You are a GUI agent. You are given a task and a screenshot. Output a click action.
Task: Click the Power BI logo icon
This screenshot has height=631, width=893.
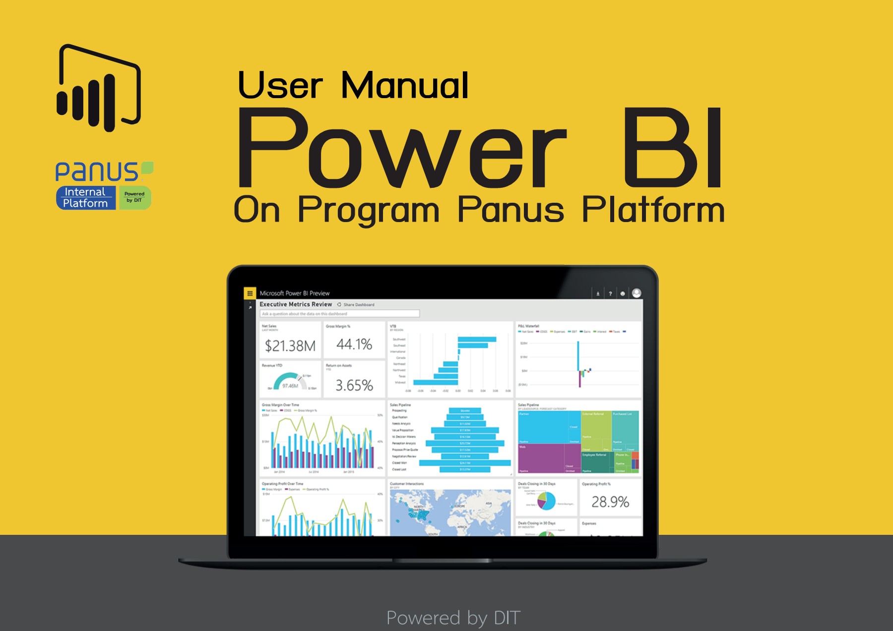(x=99, y=88)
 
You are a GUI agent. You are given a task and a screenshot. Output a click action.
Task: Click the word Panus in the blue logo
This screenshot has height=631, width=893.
(x=97, y=172)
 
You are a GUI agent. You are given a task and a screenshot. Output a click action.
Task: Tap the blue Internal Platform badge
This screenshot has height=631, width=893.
(x=86, y=198)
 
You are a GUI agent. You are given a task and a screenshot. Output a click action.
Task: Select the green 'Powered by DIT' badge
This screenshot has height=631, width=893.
(x=134, y=197)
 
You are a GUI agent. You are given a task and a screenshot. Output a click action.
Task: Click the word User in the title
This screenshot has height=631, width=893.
(x=280, y=85)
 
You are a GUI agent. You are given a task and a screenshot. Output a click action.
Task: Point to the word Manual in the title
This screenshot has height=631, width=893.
(x=404, y=85)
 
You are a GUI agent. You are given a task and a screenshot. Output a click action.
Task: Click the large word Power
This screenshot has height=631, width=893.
(x=402, y=149)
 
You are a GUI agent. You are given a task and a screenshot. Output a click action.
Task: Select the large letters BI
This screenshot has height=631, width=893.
(x=672, y=149)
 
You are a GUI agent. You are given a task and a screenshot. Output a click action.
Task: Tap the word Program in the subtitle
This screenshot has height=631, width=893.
(x=369, y=210)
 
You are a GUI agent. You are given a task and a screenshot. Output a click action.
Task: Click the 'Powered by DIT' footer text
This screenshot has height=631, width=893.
(x=453, y=618)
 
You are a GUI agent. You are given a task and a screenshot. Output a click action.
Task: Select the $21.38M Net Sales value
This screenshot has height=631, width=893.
(x=290, y=345)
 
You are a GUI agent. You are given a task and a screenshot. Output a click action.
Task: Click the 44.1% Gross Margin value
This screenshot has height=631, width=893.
(x=354, y=344)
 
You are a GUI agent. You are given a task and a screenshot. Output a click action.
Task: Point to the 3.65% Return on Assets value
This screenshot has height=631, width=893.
(x=354, y=385)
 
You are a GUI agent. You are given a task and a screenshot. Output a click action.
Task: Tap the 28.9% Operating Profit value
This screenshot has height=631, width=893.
(x=610, y=502)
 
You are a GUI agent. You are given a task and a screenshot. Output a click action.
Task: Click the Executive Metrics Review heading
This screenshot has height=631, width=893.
(x=296, y=304)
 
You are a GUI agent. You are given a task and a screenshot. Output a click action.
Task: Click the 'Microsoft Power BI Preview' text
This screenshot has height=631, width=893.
(x=295, y=293)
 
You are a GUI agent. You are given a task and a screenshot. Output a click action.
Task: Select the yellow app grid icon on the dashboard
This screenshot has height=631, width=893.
(x=250, y=293)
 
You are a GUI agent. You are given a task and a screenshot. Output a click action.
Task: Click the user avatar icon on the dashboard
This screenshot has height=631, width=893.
(x=637, y=293)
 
